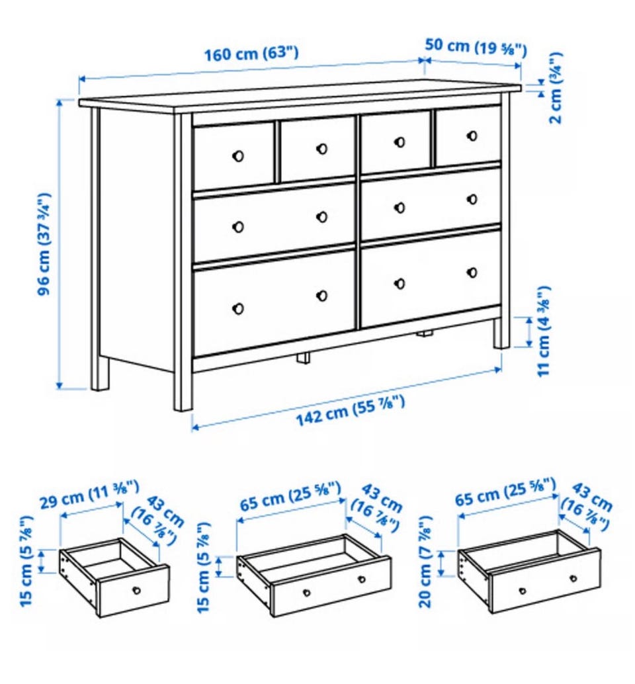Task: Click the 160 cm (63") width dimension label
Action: pyautogui.click(x=251, y=54)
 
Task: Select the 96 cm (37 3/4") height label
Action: pyautogui.click(x=44, y=244)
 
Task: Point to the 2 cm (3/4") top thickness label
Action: pyautogui.click(x=556, y=88)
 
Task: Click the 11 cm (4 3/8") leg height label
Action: pyautogui.click(x=544, y=331)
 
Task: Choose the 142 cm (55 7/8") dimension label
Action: pyautogui.click(x=351, y=410)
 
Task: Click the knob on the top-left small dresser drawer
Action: pyautogui.click(x=238, y=155)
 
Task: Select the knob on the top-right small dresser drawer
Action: pyautogui.click(x=472, y=136)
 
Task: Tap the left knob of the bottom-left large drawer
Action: pyautogui.click(x=238, y=308)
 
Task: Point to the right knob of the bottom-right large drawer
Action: pyautogui.click(x=472, y=272)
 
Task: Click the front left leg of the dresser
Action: pyautogui.click(x=183, y=390)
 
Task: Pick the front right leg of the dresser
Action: pyautogui.click(x=501, y=333)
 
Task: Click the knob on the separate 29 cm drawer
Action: pyautogui.click(x=136, y=591)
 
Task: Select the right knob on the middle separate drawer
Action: pyautogui.click(x=362, y=579)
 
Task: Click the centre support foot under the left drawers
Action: pyautogui.click(x=304, y=357)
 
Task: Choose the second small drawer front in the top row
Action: pyautogui.click(x=317, y=149)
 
